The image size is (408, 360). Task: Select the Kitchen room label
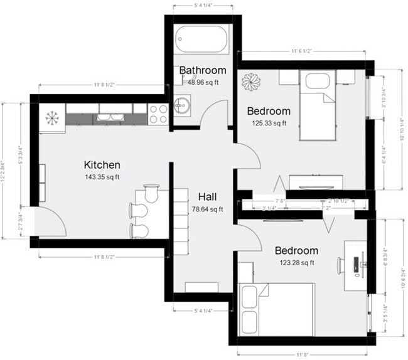coord(102,165)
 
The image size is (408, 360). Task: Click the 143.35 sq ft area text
coord(102,177)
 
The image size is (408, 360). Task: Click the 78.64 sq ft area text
coord(207,209)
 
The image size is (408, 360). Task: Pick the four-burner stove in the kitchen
coord(158,114)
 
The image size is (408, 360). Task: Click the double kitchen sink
coord(113,117)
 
